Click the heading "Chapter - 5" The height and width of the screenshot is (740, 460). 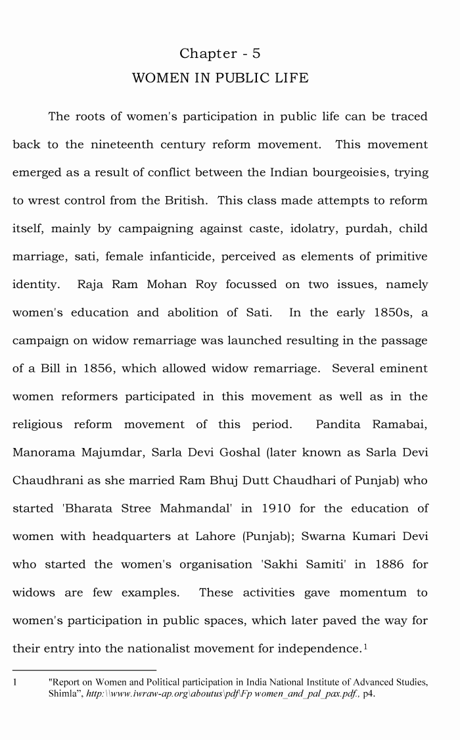pyautogui.click(x=220, y=53)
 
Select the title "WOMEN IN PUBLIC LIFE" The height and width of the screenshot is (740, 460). pyautogui.click(x=220, y=78)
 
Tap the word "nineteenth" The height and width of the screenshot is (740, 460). pyautogui.click(x=119, y=145)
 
